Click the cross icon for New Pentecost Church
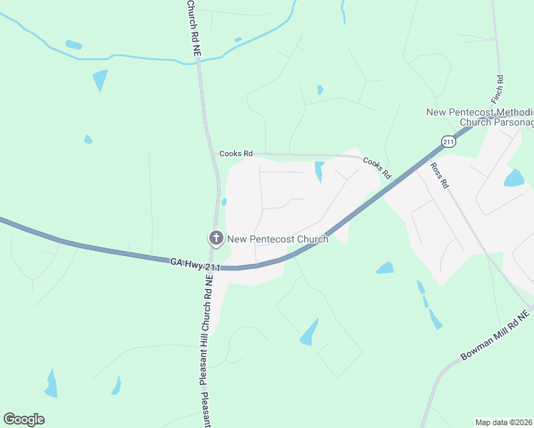tap(215, 238)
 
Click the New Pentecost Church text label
tap(278, 239)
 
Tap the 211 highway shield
tap(448, 141)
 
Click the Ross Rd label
tap(439, 175)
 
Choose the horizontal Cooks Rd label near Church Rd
tap(236, 153)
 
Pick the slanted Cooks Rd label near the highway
tap(376, 168)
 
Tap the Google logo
tap(24, 419)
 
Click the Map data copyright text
tap(504, 422)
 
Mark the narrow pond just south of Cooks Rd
tap(318, 171)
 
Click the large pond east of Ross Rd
tap(514, 178)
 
